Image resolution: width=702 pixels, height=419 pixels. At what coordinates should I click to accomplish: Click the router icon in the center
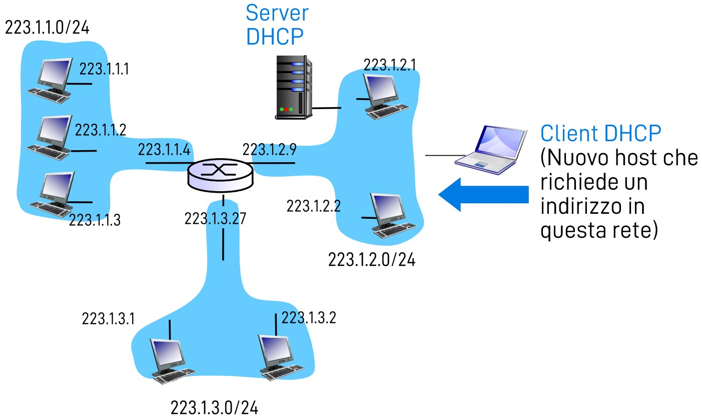221,176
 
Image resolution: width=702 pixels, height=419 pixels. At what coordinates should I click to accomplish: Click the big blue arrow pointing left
483,194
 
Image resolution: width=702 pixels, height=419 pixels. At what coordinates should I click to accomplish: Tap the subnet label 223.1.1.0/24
47,27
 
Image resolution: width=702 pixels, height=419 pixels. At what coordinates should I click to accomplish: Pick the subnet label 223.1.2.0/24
372,260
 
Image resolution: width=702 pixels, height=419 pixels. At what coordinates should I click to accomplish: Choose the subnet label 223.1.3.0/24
215,407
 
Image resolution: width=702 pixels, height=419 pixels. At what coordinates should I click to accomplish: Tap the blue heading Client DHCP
601,134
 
